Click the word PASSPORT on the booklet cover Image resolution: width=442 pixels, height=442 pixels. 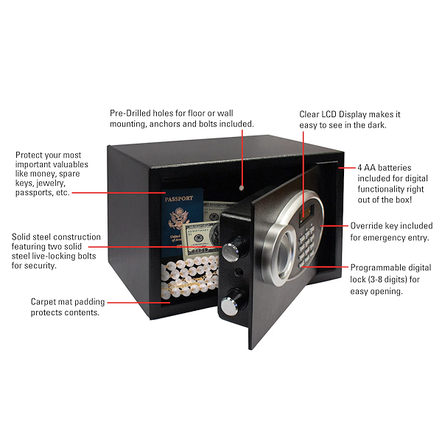click(180, 200)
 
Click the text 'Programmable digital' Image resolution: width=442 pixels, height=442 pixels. click(391, 267)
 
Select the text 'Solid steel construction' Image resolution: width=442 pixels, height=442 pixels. click(56, 237)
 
